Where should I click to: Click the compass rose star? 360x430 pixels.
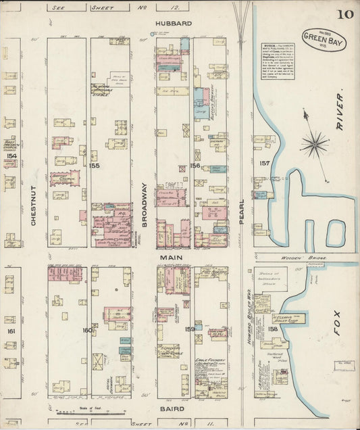tap(315, 143)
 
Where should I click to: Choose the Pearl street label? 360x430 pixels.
tap(242, 208)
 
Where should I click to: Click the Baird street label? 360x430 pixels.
tap(172, 408)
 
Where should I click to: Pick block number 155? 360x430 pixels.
tap(94, 165)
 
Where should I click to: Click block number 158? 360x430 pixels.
tap(273, 329)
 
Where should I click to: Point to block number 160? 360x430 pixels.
tap(86, 330)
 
